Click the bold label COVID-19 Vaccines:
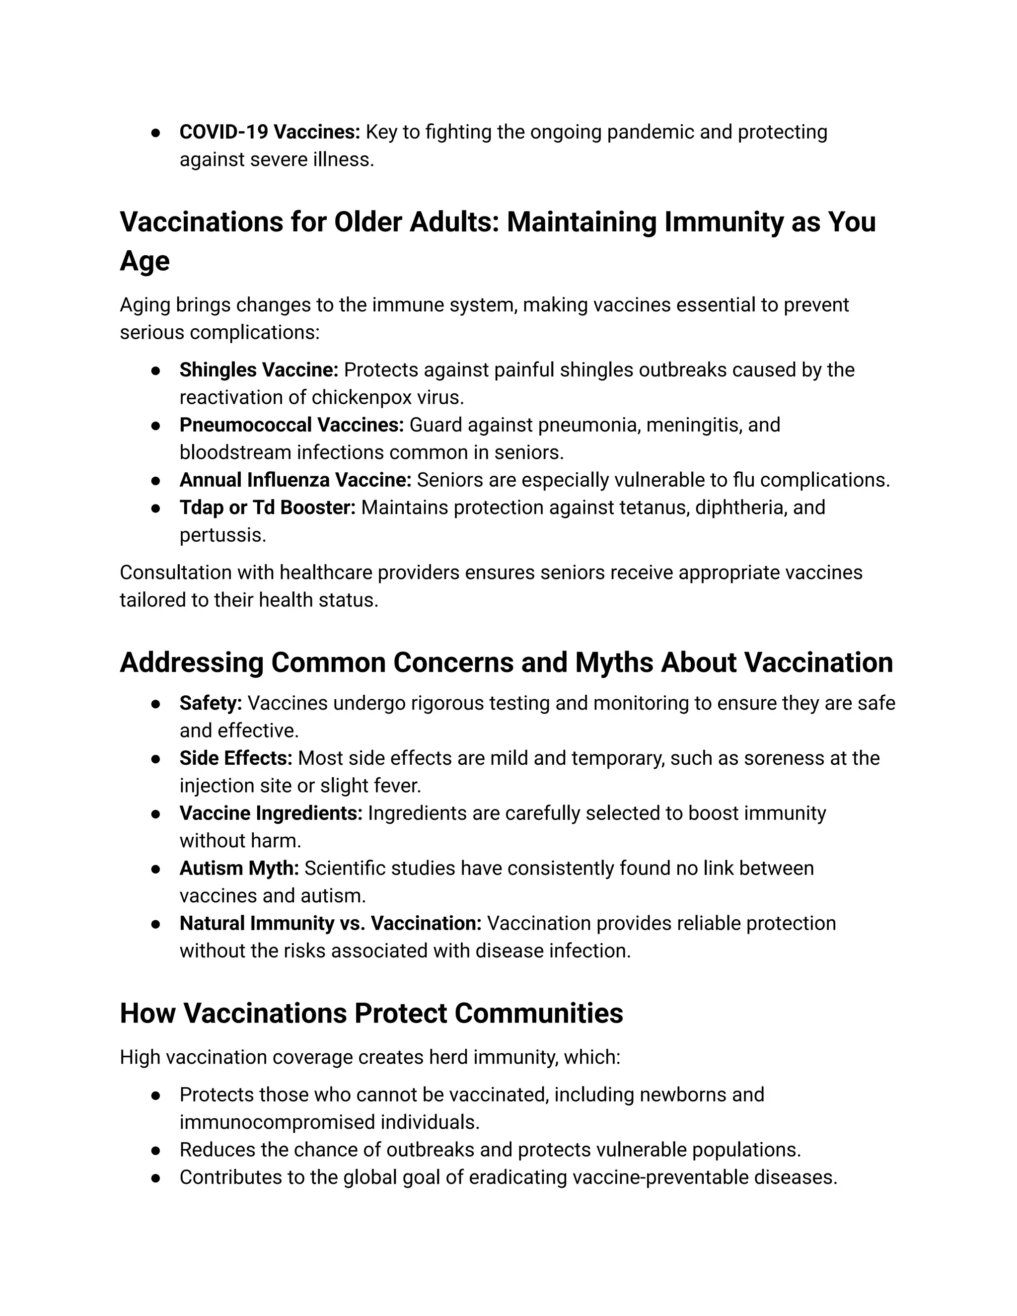coord(269,132)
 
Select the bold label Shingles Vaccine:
coord(258,370)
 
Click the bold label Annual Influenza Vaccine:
coord(295,480)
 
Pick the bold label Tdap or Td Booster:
coord(268,508)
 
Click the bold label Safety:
coord(210,703)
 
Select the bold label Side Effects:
coord(235,758)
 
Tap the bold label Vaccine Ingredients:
coord(271,813)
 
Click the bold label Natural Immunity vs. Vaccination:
coord(330,923)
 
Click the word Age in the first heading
coord(145,261)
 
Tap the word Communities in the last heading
coord(539,1014)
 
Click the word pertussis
coord(222,535)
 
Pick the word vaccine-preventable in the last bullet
coord(660,1177)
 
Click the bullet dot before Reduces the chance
coord(155,1150)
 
